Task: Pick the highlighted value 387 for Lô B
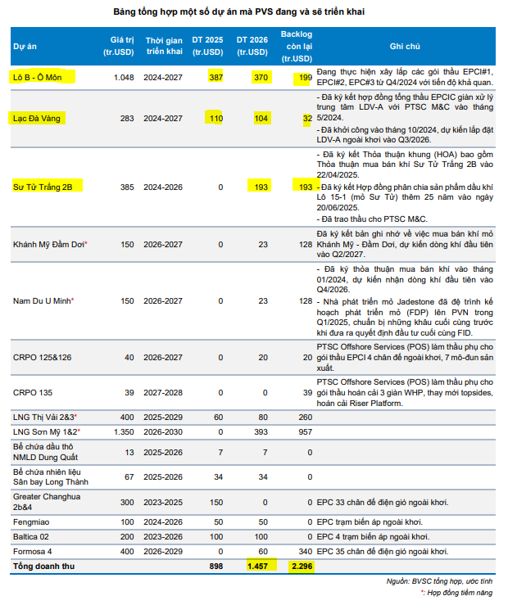pyautogui.click(x=215, y=77)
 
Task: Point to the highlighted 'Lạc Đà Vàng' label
pyautogui.click(x=38, y=118)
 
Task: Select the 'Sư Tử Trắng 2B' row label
pyautogui.click(x=43, y=187)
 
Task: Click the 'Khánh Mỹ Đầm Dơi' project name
pyautogui.click(x=50, y=244)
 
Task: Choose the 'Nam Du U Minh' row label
pyautogui.click(x=43, y=301)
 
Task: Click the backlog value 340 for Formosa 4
pyautogui.click(x=303, y=551)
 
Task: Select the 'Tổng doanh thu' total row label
pyautogui.click(x=43, y=567)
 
